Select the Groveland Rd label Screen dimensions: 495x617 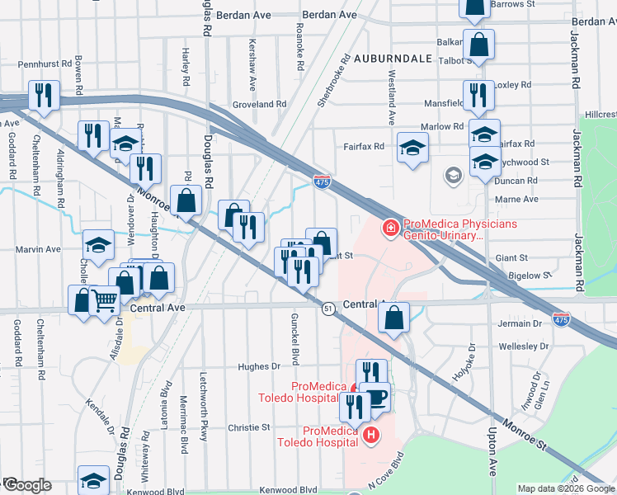pyautogui.click(x=258, y=105)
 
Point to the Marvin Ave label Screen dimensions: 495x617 pyautogui.click(x=40, y=248)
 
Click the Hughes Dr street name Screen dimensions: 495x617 pyautogui.click(x=259, y=366)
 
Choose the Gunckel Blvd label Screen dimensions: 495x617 pyautogui.click(x=294, y=338)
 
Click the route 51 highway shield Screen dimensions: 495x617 pyautogui.click(x=327, y=308)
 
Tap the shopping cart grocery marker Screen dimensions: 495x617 pyautogui.click(x=104, y=302)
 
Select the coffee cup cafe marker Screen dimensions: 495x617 pyautogui.click(x=377, y=398)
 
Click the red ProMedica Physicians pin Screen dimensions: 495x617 pyautogui.click(x=389, y=226)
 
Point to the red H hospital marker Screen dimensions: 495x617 pyautogui.click(x=371, y=434)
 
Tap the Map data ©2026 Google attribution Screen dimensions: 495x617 pyautogui.click(x=565, y=488)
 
